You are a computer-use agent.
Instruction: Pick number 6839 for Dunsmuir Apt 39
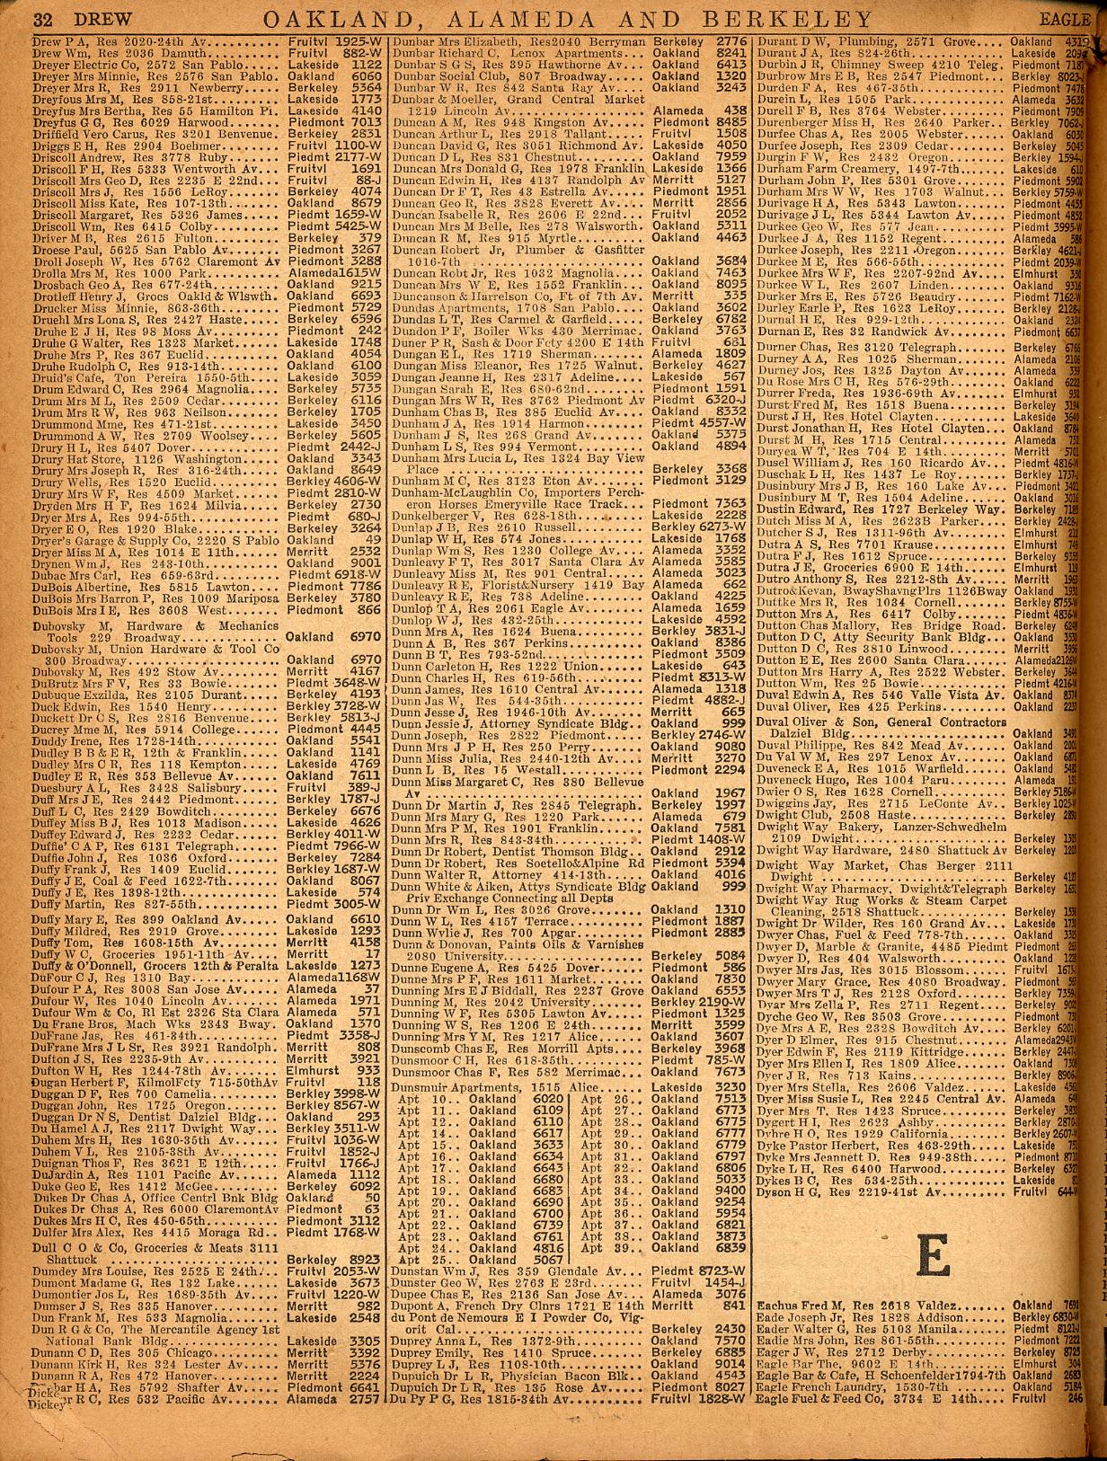pos(730,1249)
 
